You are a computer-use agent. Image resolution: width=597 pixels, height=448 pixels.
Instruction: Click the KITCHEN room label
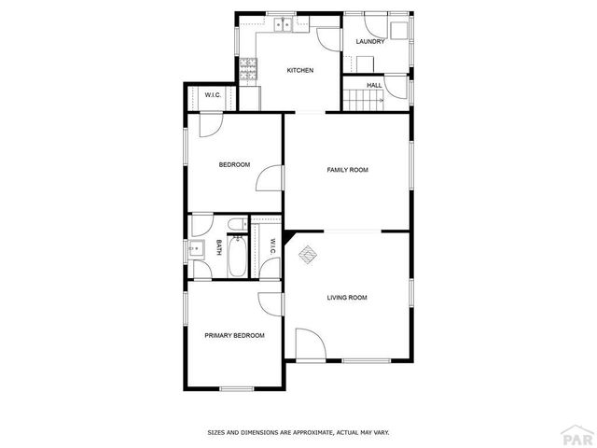(x=299, y=71)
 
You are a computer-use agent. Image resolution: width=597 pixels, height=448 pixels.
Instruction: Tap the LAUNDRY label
(x=370, y=42)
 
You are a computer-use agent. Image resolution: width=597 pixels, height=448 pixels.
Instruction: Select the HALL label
(x=374, y=86)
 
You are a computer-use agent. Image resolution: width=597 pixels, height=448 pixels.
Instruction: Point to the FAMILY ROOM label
(x=347, y=170)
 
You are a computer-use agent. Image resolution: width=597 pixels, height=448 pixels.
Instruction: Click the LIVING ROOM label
(x=346, y=298)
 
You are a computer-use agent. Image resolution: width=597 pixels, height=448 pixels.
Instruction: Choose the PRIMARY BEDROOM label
(x=234, y=335)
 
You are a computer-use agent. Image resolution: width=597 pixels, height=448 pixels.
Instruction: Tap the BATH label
(x=219, y=247)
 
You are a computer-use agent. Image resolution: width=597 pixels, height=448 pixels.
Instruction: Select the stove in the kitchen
(x=248, y=67)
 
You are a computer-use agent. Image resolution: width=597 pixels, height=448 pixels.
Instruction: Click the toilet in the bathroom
(x=237, y=223)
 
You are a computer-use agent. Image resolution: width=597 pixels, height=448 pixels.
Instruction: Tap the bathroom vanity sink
(x=196, y=248)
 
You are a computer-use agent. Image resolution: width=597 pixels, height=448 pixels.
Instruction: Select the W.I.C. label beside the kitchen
(x=212, y=95)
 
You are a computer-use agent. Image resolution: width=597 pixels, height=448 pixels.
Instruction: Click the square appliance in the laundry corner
(x=400, y=30)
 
